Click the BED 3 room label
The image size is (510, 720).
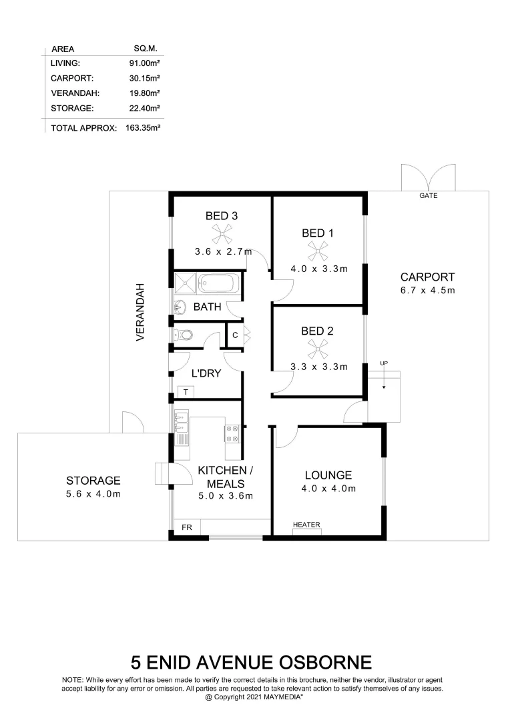[x=221, y=216]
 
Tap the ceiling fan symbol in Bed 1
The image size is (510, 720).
[x=318, y=251]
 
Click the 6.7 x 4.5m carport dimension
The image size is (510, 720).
[x=427, y=291]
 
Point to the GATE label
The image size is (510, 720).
[x=428, y=197]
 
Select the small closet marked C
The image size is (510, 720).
[x=235, y=335]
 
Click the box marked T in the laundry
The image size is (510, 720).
[x=184, y=392]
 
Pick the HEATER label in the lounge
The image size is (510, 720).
[x=306, y=525]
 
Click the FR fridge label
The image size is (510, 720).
[x=187, y=528]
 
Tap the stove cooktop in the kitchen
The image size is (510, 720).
[x=232, y=435]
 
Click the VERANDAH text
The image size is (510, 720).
[x=141, y=313]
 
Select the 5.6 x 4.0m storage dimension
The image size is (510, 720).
[x=93, y=494]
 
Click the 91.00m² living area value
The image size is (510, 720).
[x=144, y=63]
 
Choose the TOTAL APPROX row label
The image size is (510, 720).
[x=83, y=127]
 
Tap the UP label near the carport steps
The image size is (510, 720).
[x=383, y=363]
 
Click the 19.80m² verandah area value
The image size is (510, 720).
[x=144, y=93]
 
